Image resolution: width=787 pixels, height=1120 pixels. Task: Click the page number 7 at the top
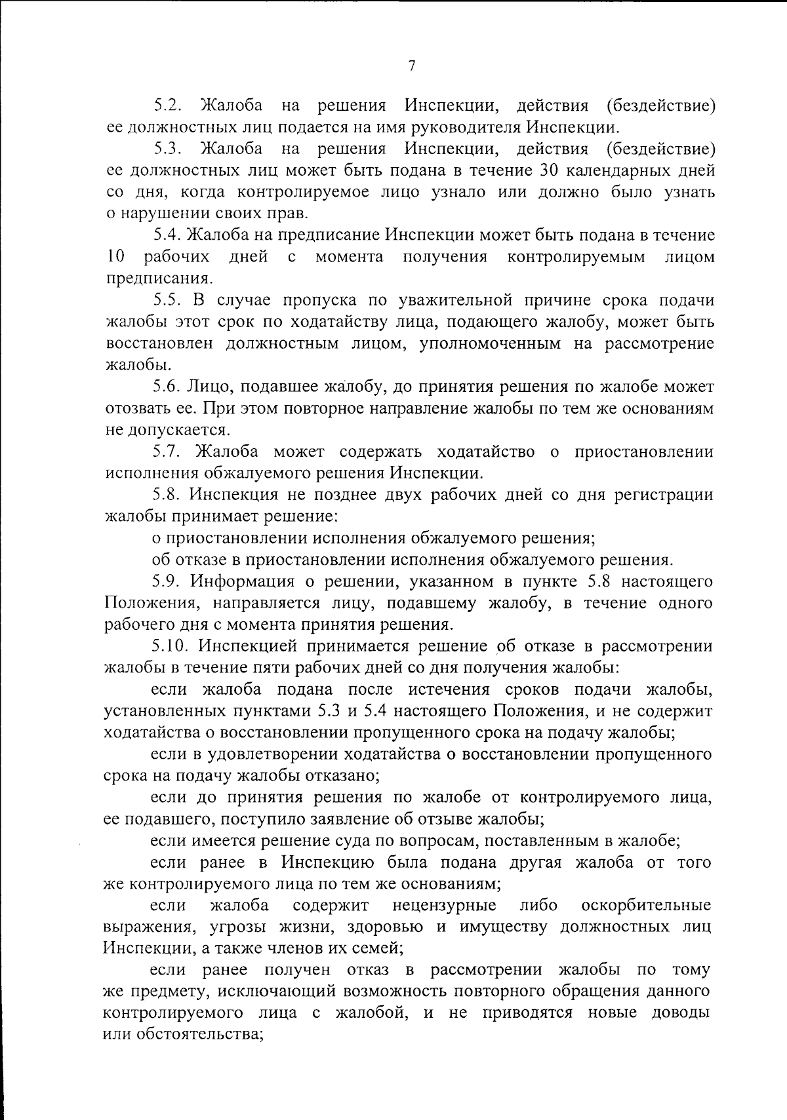(412, 66)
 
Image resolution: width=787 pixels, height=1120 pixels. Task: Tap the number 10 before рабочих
(115, 256)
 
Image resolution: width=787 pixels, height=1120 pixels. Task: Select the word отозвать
(136, 409)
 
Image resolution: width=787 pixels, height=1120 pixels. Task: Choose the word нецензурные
(444, 906)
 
